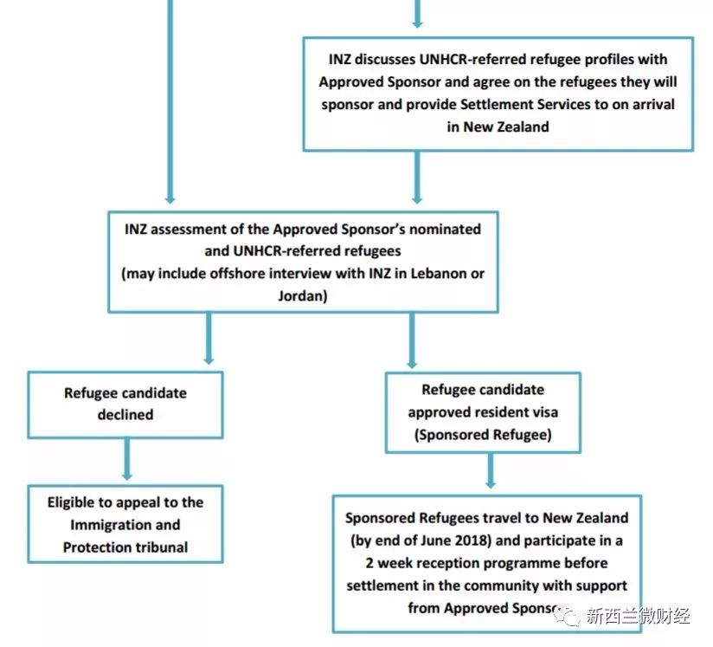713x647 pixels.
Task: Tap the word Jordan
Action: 302,294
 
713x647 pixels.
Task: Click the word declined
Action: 125,414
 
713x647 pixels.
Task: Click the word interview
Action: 309,274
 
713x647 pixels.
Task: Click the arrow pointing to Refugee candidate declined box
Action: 208,340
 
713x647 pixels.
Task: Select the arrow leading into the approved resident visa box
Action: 411,340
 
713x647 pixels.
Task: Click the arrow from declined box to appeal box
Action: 127,459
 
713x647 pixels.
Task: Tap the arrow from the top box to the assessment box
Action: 416,180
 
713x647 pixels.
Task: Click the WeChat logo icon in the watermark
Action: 568,616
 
